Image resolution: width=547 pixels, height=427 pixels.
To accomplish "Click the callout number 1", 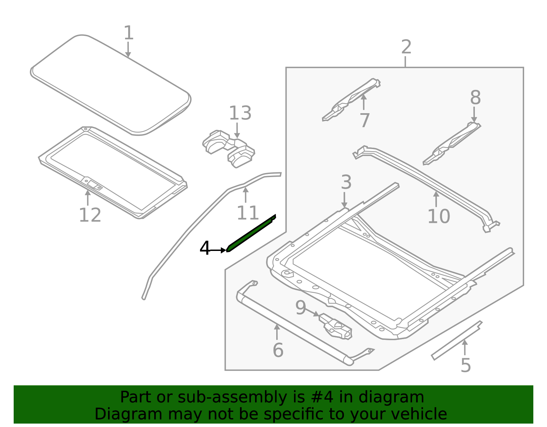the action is pos(129,33).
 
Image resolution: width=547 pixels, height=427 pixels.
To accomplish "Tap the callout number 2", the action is pos(406,47).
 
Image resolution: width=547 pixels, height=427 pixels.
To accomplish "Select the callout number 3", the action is pos(346,182).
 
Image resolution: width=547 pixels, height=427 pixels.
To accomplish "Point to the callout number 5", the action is pos(466,365).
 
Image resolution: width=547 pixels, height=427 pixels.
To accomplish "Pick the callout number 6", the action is pos(278,350).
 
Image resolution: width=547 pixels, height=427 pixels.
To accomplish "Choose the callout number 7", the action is pos(365,120).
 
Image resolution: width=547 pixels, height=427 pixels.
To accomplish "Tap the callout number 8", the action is pos(476,98).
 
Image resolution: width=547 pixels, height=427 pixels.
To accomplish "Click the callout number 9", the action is pos(301,307).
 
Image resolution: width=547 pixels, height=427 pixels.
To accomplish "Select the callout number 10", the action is pos(439,216).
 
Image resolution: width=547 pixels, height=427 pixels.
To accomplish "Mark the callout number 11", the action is pos(248,213).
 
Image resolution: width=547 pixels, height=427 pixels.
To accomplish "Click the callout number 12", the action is pos(90,215).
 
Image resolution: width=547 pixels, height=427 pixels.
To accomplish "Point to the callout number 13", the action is pos(240,113).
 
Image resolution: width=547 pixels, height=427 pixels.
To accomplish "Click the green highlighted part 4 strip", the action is pos(251,233).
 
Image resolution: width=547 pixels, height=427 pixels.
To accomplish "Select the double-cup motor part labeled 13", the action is pos(229,149).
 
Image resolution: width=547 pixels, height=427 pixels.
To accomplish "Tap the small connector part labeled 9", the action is pos(335,326).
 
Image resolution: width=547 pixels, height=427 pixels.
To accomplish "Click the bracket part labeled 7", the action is pos(351,99).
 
